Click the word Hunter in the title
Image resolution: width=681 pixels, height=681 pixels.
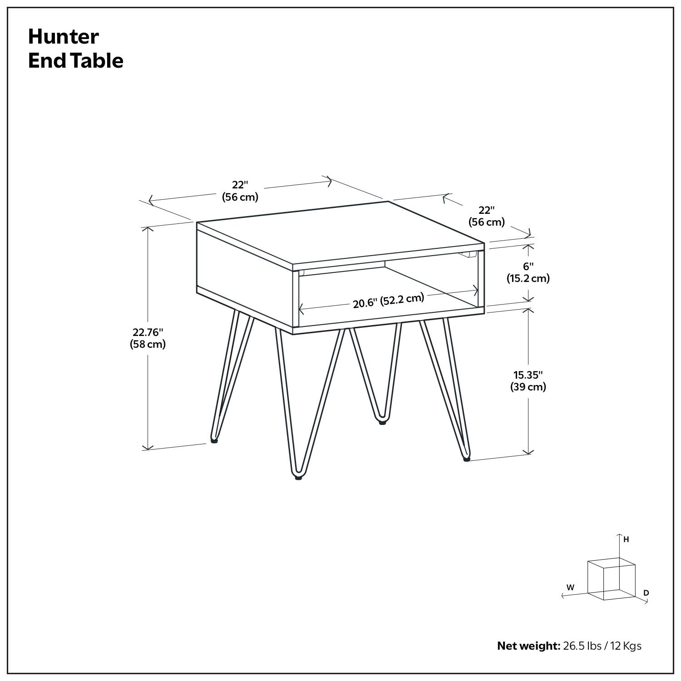(63, 37)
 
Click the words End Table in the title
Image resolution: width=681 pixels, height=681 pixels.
(75, 61)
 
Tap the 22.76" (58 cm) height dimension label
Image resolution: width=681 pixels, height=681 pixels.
(148, 338)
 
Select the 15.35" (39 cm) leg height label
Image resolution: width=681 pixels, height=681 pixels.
(528, 381)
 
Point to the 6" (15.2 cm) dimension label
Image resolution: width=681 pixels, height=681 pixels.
(528, 272)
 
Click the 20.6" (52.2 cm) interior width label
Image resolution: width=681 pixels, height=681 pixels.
(388, 301)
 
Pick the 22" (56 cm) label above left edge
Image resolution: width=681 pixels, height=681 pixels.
(240, 191)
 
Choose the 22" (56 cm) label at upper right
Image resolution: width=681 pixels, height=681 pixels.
(486, 216)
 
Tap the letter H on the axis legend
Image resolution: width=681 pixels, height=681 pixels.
(626, 540)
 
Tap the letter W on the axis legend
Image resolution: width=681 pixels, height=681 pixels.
(570, 587)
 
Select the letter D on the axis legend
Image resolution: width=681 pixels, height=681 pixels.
(646, 593)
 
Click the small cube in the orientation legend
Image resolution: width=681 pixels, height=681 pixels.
(611, 579)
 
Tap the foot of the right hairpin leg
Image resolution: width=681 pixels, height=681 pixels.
(466, 459)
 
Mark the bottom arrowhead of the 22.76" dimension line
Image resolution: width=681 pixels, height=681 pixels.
(148, 448)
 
